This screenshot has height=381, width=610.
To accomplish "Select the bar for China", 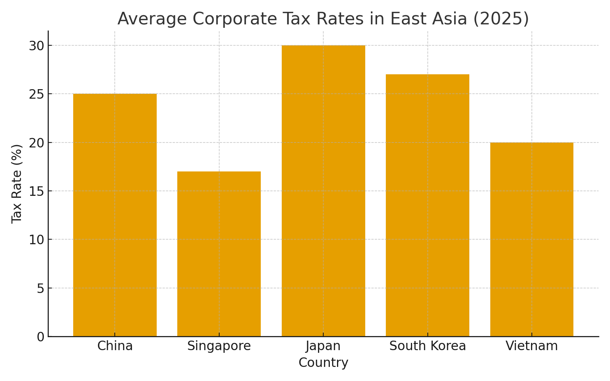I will (x=115, y=215).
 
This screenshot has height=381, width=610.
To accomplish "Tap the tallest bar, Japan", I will (x=323, y=190).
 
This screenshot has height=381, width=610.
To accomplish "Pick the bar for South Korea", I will (x=427, y=206).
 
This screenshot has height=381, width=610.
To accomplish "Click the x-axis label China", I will (x=115, y=346).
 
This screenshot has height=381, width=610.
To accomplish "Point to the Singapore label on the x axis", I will (x=219, y=346).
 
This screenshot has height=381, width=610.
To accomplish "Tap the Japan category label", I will (x=323, y=346).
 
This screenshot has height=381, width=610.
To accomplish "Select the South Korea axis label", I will (x=427, y=346).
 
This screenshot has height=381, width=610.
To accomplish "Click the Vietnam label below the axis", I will (x=531, y=346).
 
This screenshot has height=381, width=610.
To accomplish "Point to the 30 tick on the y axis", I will (x=36, y=46).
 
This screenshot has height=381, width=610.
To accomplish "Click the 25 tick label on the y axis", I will (x=36, y=94).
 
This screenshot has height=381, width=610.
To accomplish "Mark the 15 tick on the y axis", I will (x=36, y=191).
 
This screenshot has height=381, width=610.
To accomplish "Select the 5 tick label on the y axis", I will (x=40, y=288).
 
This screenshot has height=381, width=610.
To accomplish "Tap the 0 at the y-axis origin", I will (x=40, y=337).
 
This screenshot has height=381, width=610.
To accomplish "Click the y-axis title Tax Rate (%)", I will (x=17, y=184).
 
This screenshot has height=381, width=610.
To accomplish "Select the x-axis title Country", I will (x=323, y=363).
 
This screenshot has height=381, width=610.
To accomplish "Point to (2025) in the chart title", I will (x=501, y=19).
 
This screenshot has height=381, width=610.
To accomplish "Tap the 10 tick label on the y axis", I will (x=36, y=240).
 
